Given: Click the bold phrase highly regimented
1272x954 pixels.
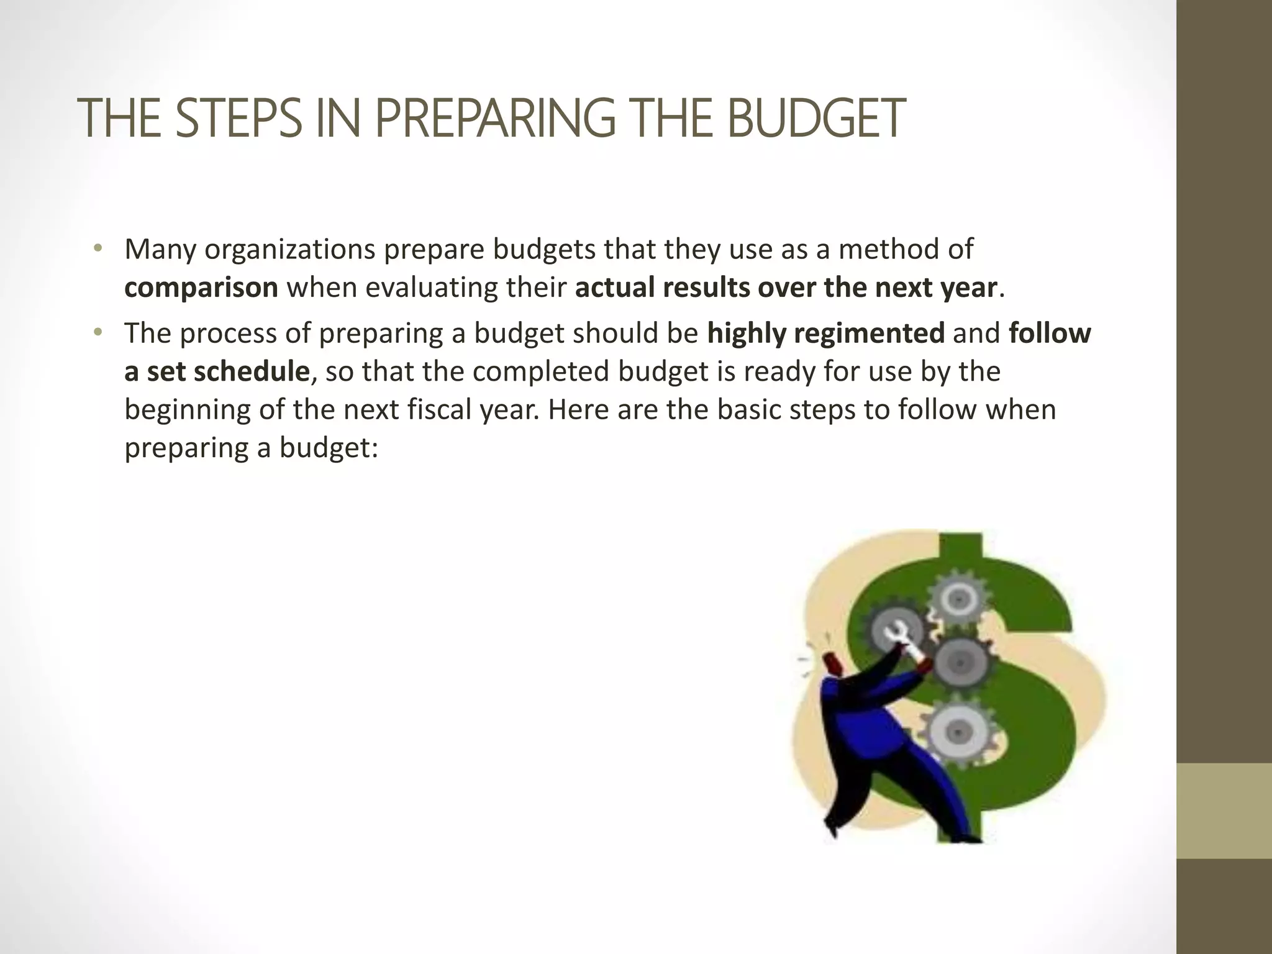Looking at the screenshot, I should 826,334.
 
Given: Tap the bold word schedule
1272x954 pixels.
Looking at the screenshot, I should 251,372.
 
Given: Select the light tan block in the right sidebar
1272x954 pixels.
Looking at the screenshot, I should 1224,811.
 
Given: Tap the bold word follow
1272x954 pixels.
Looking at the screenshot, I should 1050,334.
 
